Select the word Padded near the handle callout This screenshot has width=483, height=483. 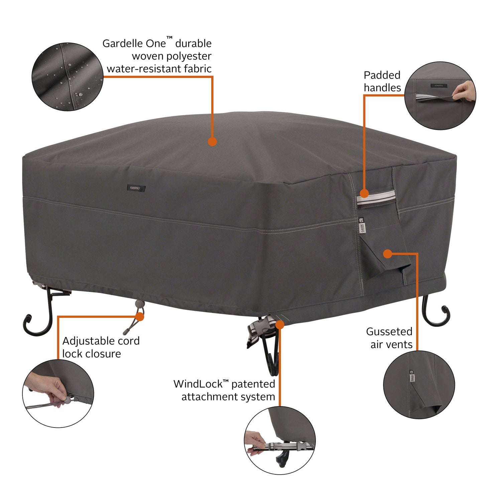(382, 75)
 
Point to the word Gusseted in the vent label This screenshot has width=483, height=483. (389, 332)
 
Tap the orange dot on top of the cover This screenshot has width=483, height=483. (212, 142)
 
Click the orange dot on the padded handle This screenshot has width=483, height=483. (364, 193)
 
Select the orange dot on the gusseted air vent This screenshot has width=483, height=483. (387, 254)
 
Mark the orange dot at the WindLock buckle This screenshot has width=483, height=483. (280, 325)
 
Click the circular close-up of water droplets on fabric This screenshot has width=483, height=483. (68, 77)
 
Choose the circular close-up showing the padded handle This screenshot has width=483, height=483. (440, 96)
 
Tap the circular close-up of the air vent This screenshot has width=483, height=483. (419, 385)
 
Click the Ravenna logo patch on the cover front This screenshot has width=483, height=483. (136, 188)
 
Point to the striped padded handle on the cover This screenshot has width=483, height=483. (376, 198)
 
